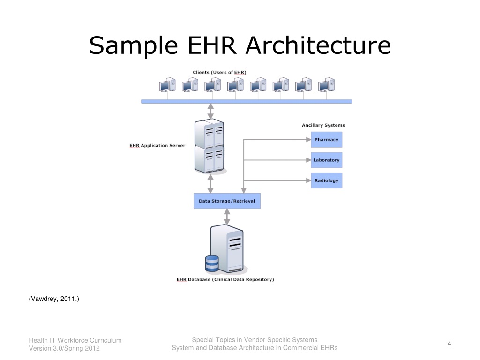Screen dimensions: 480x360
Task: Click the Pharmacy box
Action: [326, 140]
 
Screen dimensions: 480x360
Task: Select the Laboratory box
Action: [326, 160]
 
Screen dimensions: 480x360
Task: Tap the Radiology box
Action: [326, 180]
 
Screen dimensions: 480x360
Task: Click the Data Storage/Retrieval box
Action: [227, 201]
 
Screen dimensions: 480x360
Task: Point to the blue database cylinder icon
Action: [212, 263]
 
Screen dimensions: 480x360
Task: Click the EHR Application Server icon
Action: [210, 146]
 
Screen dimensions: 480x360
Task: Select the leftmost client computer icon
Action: [167, 85]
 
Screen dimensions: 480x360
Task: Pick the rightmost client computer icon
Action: [326, 85]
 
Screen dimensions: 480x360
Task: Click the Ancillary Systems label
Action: [323, 125]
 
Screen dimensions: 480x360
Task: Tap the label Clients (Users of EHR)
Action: [219, 73]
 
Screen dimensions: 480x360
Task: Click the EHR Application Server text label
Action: [157, 146]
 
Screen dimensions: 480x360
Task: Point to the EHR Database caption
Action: [225, 279]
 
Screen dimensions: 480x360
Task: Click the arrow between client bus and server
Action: [210, 111]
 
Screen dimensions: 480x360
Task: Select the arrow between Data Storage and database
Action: [227, 217]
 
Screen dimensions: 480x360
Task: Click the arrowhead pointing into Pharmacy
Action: [308, 140]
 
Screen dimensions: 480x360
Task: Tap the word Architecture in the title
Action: [318, 45]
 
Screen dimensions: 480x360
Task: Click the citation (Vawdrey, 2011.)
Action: [54, 299]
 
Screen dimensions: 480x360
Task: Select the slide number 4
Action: [449, 344]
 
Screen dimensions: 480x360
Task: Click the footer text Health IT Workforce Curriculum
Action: [75, 340]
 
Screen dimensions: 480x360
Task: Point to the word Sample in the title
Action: [134, 46]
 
